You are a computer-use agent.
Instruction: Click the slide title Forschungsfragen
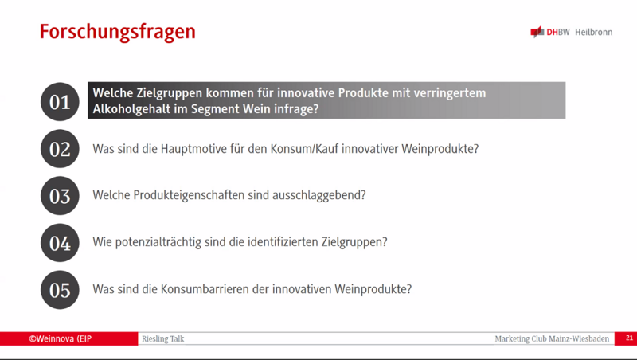(x=117, y=32)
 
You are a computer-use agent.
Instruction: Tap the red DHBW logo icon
(x=537, y=32)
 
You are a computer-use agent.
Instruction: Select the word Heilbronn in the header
(x=593, y=32)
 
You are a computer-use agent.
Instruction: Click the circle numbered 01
(x=60, y=102)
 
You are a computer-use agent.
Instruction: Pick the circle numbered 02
(x=60, y=149)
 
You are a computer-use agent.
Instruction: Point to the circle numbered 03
(x=60, y=196)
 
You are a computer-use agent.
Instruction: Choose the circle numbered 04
(x=60, y=243)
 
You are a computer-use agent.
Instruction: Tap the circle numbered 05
(x=60, y=290)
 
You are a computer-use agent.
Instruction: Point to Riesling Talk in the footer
(x=163, y=338)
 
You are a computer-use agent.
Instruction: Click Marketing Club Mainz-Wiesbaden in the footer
(x=552, y=338)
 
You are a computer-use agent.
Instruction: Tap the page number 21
(x=629, y=338)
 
